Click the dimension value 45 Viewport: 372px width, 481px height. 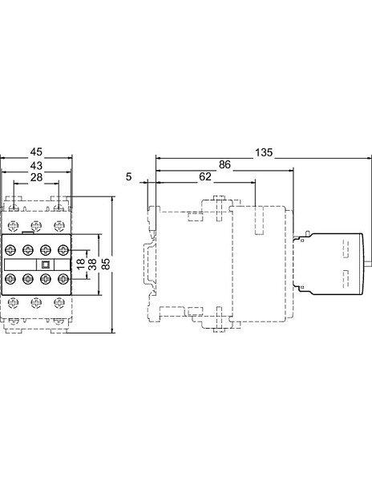coord(36,152)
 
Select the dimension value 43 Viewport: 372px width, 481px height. coord(36,166)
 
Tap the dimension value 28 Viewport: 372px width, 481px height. coord(36,178)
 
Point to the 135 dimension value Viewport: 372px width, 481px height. coord(264,152)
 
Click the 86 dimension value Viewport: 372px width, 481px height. coord(224,164)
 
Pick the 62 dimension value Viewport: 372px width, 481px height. coord(205,176)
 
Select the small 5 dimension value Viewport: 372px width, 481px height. coord(129,176)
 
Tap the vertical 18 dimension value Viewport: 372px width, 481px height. coord(79,264)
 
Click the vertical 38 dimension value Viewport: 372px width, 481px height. coord(92,264)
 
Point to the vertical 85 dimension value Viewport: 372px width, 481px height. coord(105,264)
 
